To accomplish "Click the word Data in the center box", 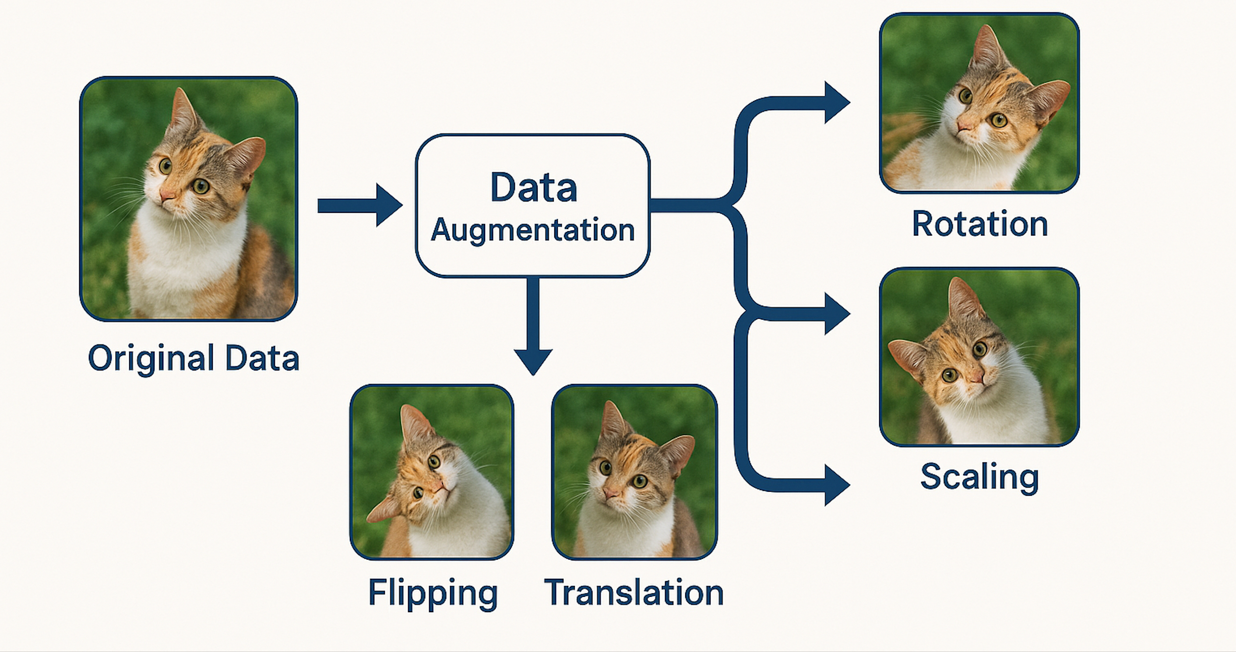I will (x=534, y=187).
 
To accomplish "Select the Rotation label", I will (x=980, y=224).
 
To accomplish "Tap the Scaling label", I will (x=979, y=477).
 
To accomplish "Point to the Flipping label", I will (x=433, y=593).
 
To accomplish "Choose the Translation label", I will (x=634, y=593).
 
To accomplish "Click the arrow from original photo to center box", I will (x=360, y=205).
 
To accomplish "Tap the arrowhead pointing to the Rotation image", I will (x=836, y=102).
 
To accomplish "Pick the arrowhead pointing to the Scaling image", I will (x=836, y=314).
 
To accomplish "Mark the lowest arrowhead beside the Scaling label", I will (x=836, y=485).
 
